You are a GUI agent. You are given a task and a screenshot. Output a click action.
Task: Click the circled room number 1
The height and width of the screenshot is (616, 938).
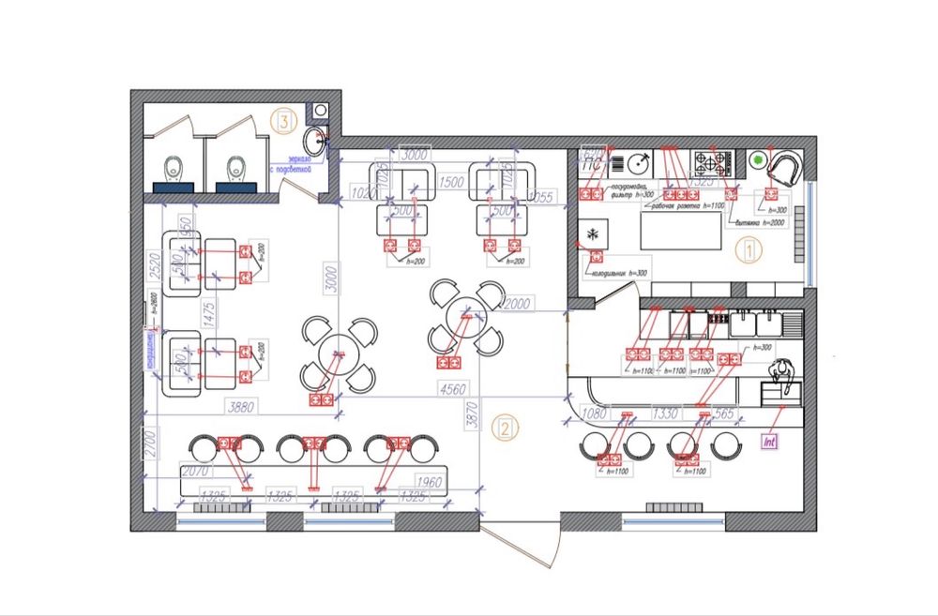748,250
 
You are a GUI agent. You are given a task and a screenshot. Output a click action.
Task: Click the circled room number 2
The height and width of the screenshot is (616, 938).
505,428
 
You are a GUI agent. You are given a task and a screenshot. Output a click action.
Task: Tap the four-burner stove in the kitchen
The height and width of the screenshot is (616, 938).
712,163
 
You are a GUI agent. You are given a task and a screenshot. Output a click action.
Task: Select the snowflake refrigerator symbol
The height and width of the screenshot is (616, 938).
593,233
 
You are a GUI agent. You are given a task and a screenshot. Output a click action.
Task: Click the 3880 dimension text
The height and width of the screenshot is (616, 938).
242,406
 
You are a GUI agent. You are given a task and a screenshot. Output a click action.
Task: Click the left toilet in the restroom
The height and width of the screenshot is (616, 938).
173,169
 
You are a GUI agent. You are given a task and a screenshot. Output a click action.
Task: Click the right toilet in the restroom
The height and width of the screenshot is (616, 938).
235,169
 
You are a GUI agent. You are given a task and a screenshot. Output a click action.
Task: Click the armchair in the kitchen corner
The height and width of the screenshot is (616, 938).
785,169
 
